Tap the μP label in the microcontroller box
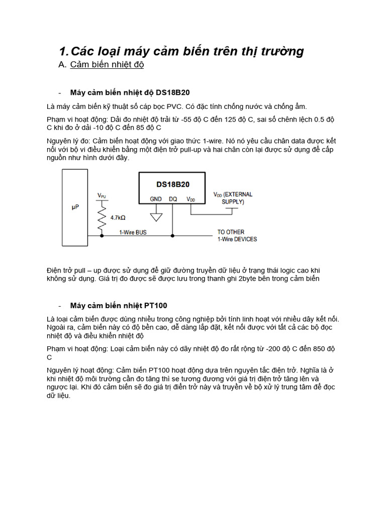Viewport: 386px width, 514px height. (75, 207)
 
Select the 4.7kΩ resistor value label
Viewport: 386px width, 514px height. (118, 218)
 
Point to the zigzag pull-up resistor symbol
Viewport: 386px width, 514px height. (102, 216)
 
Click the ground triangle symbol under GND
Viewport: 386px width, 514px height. (156, 217)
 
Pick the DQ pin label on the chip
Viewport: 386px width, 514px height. (173, 199)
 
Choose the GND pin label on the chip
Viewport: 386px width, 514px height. (156, 199)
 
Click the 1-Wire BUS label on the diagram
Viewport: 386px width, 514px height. (133, 232)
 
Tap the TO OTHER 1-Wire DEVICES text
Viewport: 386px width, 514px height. (236, 235)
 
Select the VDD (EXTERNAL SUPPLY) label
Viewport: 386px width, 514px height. (233, 198)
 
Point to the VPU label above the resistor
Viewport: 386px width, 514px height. (102, 195)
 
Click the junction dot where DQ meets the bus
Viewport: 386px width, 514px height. (173, 235)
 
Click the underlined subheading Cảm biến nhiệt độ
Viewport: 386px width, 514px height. (107, 65)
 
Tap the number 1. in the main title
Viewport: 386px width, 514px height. (63, 51)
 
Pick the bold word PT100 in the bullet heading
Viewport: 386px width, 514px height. (156, 305)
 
